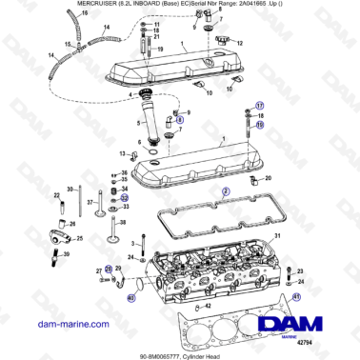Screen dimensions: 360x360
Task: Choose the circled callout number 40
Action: [x=131, y=298]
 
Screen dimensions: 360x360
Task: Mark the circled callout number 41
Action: [x=296, y=297]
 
